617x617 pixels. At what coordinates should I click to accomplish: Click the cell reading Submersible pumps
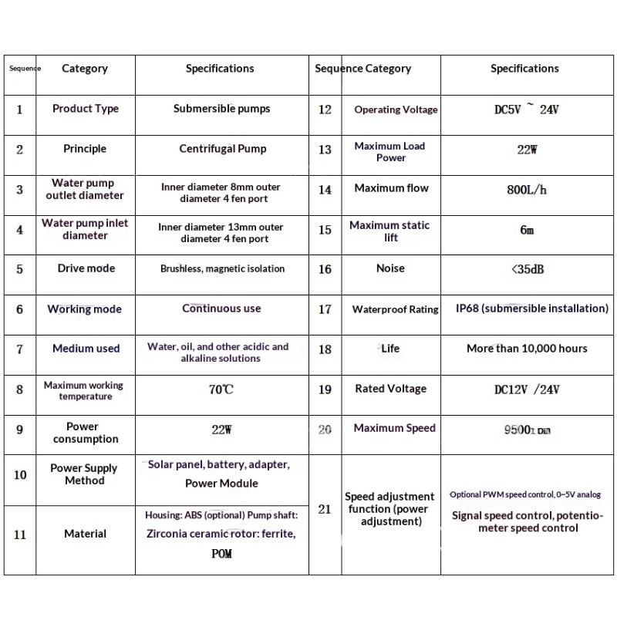click(221, 109)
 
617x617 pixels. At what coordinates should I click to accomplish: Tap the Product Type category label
click(86, 109)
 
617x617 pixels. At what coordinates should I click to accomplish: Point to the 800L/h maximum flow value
click(527, 189)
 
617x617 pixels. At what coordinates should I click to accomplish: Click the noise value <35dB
click(527, 269)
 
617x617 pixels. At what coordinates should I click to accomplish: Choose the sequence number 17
click(325, 309)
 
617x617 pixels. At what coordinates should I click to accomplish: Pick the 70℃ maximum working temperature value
click(221, 389)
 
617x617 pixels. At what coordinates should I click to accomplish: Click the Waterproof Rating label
click(395, 309)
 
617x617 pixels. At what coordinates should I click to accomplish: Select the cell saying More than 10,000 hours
click(527, 349)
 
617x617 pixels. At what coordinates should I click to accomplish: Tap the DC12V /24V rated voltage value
click(527, 389)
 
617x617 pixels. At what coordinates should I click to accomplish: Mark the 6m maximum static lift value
click(527, 230)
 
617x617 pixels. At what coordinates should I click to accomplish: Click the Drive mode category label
click(86, 268)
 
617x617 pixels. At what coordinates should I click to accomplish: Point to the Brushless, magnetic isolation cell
click(222, 269)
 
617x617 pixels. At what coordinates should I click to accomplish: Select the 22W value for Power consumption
click(221, 430)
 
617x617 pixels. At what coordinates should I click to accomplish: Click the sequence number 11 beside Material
click(20, 534)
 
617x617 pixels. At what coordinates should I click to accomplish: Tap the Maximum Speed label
click(394, 428)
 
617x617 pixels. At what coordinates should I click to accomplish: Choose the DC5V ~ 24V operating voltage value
click(527, 110)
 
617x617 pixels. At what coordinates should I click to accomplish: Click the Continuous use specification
click(221, 308)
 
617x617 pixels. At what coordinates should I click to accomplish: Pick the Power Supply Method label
click(84, 474)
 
